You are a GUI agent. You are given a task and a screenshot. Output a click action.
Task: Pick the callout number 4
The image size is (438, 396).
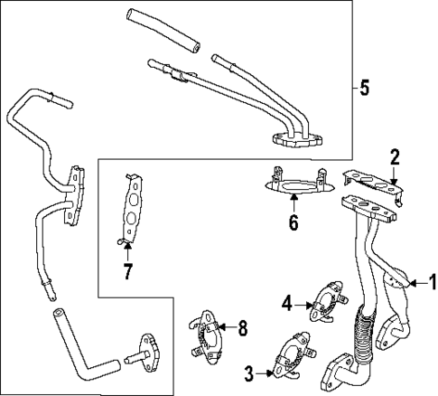[286, 303]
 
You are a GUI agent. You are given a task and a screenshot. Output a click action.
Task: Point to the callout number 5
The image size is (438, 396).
[364, 88]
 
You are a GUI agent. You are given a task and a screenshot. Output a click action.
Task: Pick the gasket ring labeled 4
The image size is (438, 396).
[325, 302]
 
